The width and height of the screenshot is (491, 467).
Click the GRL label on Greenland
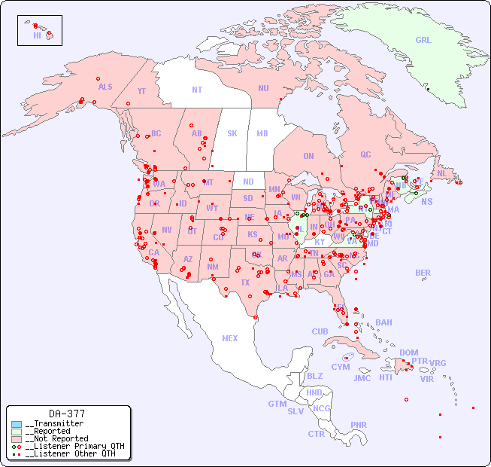coord(423,40)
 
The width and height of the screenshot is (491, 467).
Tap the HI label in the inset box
coord(37,35)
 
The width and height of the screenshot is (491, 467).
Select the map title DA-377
coord(67,414)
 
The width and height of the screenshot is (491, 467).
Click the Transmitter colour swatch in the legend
coord(17,424)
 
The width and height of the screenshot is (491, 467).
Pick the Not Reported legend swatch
coord(17,438)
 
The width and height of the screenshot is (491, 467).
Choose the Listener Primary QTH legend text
coord(74,446)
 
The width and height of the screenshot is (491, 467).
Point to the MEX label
coord(230,338)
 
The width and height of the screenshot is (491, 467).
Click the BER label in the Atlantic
coord(423,273)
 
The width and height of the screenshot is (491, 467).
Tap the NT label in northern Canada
coord(197,89)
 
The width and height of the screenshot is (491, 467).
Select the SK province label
coord(232,133)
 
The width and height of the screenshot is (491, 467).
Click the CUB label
coord(320,331)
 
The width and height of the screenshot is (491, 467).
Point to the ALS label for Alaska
coord(105,87)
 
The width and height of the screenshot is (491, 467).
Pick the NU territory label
coord(263,88)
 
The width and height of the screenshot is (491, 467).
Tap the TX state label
coord(245,282)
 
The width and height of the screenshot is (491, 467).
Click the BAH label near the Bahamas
coord(383,322)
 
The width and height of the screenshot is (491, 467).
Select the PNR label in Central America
coord(359,425)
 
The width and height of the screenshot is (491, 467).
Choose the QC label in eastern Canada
coord(365,154)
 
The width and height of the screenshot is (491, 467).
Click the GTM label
coord(277,404)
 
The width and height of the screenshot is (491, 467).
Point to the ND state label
coord(248,182)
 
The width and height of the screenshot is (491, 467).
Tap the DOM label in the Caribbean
coord(408,353)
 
